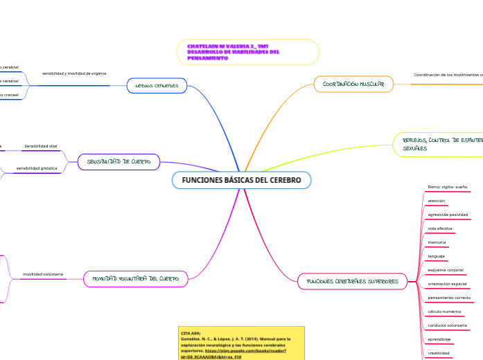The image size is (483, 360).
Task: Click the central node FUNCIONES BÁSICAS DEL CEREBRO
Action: [241, 180]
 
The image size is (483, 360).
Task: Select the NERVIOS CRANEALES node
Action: [157, 86]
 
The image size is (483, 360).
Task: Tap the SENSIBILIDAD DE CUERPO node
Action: [118, 162]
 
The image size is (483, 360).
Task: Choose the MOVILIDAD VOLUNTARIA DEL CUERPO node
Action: [136, 279]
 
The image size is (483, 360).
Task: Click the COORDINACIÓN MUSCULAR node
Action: [353, 84]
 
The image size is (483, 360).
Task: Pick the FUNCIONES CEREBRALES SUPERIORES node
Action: [352, 282]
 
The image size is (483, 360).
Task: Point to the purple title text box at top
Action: [248, 52]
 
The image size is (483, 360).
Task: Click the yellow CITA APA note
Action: [241, 343]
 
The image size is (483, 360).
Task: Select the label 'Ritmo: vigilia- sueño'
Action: [448, 187]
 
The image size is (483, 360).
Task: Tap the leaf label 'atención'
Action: [437, 201]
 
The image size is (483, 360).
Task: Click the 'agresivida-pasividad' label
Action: [448, 215]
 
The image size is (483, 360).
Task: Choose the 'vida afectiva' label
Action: [440, 228]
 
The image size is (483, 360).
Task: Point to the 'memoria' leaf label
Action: [437, 242]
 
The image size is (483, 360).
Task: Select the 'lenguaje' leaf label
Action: [437, 256]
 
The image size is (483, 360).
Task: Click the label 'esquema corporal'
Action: [446, 270]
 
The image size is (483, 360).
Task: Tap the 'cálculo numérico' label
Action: [444, 312]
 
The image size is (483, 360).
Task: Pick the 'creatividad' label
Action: [439, 353]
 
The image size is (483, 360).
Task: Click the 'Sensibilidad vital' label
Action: [41, 147]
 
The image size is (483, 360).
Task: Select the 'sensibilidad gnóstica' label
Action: [37, 168]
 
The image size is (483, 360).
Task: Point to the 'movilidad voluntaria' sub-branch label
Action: [43, 274]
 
